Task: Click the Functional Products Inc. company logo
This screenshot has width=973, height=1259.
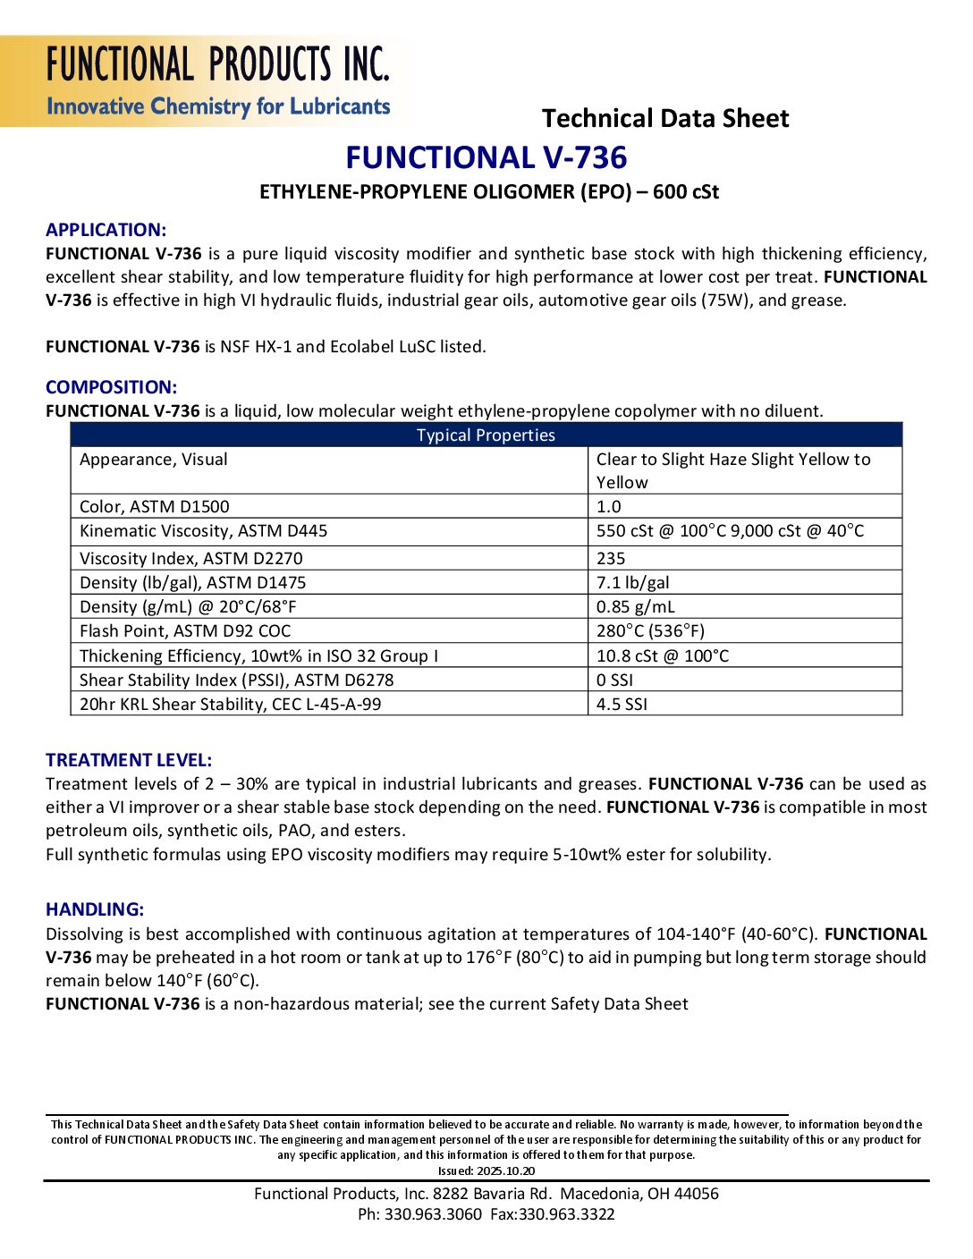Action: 217,81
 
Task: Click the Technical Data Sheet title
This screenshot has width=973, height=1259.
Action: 665,119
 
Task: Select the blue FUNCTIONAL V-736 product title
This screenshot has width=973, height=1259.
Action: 486,158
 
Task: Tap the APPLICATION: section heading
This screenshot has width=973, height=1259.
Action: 106,230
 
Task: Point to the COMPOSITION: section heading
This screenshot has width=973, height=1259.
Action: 111,387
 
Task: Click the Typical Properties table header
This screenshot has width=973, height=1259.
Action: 486,435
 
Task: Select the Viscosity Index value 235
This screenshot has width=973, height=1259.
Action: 611,559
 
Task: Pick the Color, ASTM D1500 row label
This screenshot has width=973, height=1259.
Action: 154,507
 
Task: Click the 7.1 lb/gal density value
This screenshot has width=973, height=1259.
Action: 633,583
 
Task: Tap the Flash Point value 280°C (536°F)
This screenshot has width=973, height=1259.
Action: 650,631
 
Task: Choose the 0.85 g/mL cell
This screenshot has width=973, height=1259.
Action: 636,607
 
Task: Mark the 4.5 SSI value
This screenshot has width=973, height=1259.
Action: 622,705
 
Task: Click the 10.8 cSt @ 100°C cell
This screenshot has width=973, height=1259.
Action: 663,656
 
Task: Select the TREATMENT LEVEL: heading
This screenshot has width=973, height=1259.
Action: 129,760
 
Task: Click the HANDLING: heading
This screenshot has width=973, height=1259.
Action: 95,909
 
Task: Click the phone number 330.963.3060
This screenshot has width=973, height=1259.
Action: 433,1214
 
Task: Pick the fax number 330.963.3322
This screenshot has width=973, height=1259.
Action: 567,1214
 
